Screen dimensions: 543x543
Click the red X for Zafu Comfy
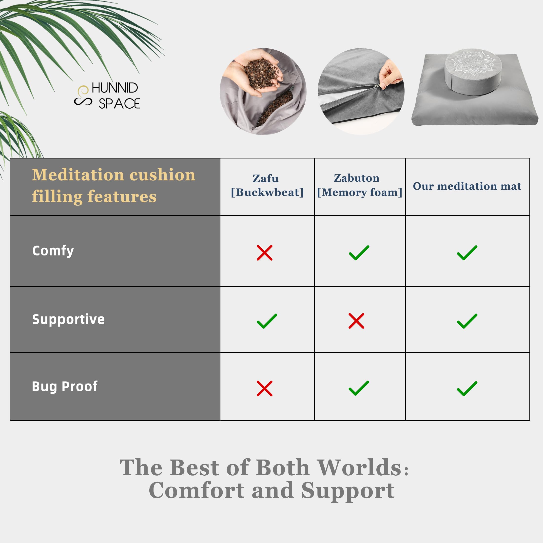[265, 253]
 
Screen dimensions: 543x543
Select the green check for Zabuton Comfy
[359, 253]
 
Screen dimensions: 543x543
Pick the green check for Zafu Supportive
[267, 321]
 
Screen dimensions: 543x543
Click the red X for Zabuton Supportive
[356, 321]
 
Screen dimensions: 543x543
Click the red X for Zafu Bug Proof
[265, 388]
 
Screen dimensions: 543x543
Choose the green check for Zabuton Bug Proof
[359, 388]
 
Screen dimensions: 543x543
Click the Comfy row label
[53, 251]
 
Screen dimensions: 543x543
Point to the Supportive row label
[68, 319]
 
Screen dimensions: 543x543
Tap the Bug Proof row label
[65, 387]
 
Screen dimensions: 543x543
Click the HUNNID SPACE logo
[107, 96]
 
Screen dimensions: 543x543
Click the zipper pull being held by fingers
[377, 86]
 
